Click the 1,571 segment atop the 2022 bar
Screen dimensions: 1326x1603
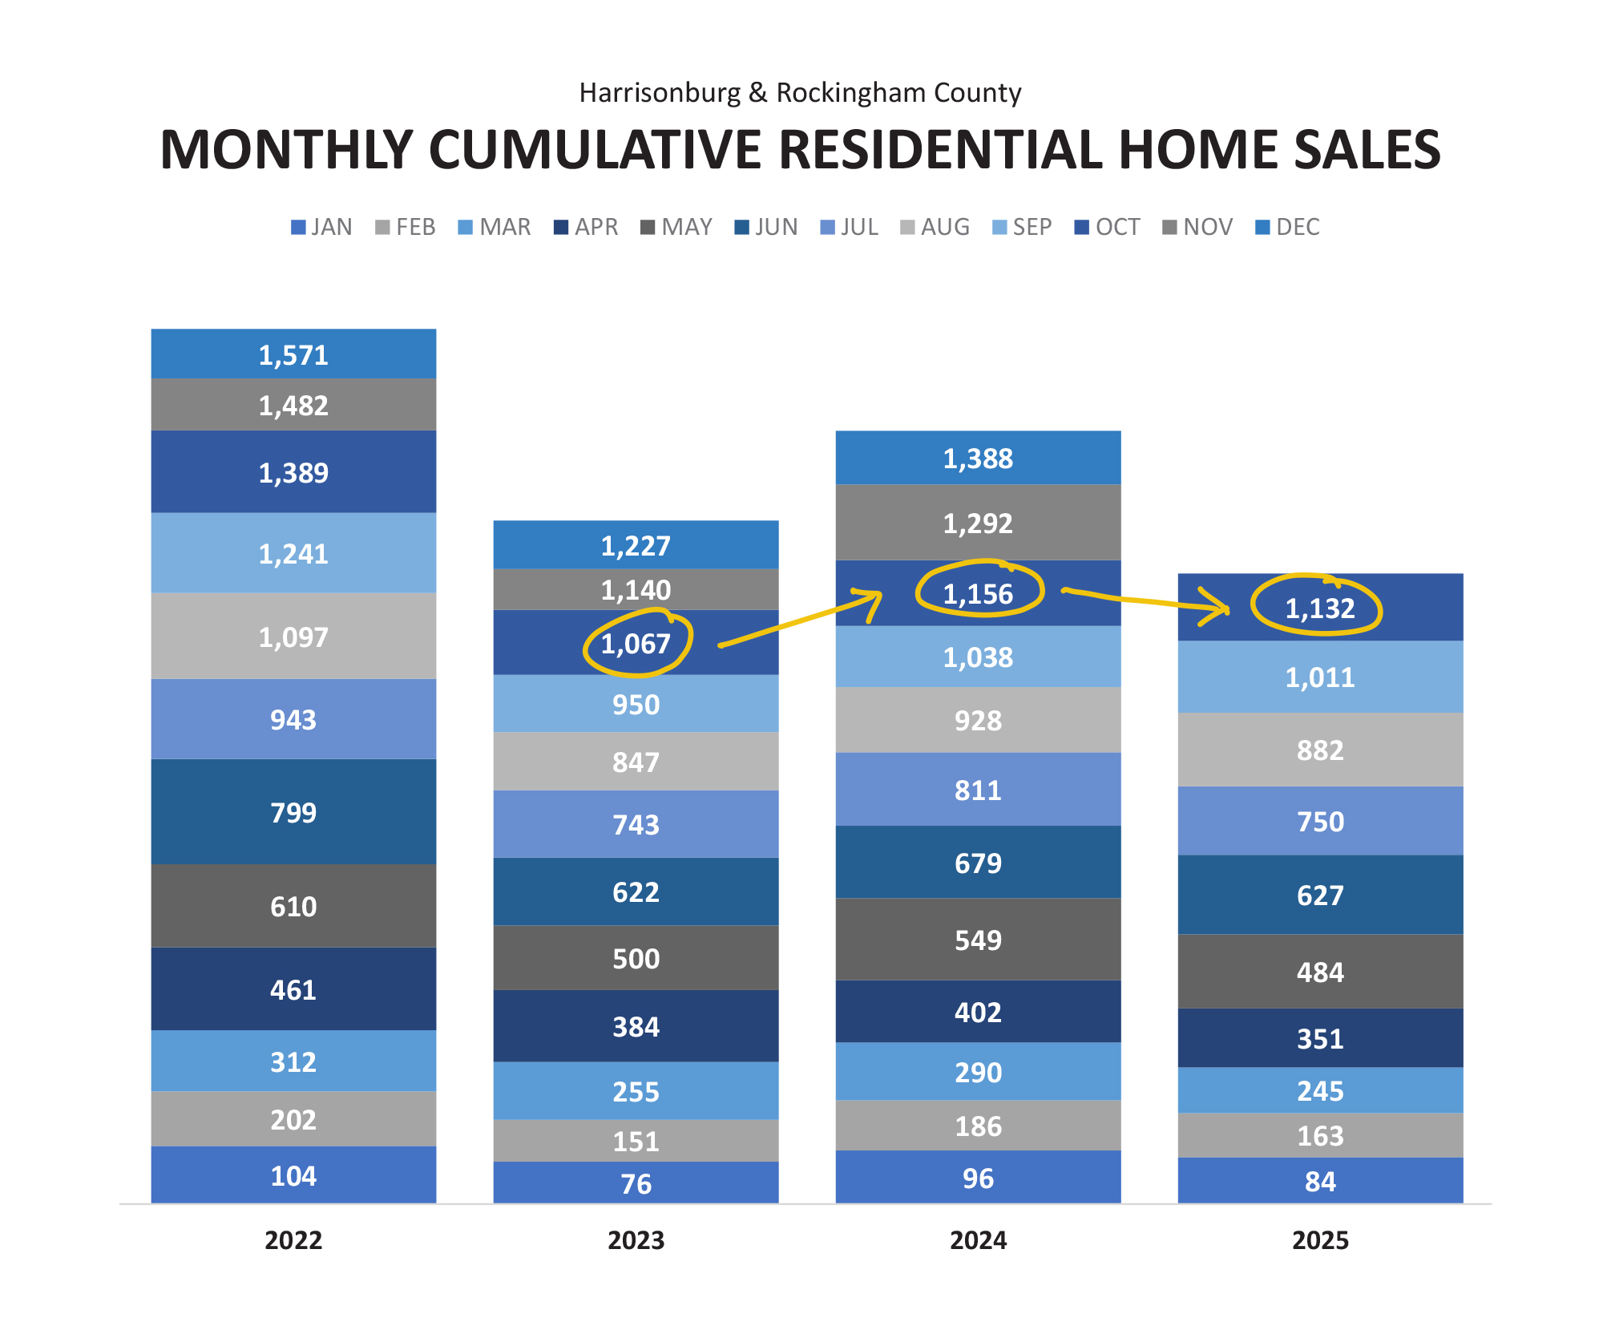293,355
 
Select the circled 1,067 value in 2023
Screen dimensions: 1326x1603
636,644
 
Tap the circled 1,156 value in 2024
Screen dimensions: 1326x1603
978,594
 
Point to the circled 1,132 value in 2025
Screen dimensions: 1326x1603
1319,608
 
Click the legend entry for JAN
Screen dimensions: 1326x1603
322,227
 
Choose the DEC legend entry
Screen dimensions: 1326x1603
1288,227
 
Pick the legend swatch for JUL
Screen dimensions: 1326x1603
828,228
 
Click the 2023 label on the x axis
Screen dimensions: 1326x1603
636,1240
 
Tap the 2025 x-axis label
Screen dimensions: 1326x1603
1320,1240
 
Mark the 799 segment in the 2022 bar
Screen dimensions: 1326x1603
293,813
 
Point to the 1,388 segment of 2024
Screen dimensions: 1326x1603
978,459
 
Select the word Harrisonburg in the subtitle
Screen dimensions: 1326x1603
660,93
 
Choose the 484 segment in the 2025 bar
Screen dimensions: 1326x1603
1320,972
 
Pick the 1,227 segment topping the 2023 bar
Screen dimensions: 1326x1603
636,546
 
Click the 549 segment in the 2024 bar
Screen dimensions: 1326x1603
978,940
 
